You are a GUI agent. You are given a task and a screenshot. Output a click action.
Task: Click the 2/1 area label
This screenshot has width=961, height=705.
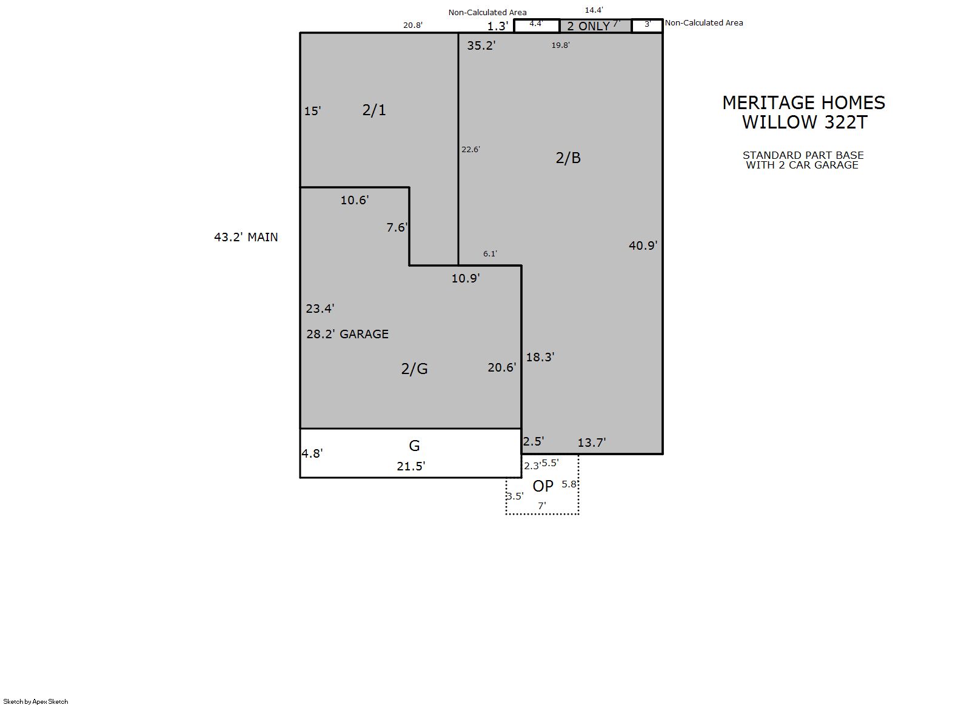click(x=374, y=110)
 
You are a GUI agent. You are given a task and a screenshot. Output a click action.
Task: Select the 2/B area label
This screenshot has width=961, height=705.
click(x=568, y=158)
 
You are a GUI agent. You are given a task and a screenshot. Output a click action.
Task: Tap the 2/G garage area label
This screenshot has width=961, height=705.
click(x=415, y=369)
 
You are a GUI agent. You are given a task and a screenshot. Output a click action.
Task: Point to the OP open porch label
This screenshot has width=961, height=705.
click(x=543, y=486)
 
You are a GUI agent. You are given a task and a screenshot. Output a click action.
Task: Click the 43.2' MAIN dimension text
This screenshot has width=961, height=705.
click(x=246, y=237)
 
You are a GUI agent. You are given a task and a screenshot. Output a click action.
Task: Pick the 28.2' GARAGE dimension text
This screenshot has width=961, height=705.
click(x=347, y=334)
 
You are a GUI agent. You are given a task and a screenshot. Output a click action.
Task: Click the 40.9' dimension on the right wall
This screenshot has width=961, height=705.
click(x=643, y=246)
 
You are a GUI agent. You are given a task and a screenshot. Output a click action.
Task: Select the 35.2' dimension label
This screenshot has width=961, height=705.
click(x=481, y=45)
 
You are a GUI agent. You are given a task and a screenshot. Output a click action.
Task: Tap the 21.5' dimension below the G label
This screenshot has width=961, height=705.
click(x=411, y=466)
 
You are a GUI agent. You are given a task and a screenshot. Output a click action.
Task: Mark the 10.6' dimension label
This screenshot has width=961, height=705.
click(x=355, y=200)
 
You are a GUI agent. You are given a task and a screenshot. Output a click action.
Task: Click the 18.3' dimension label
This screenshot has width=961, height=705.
click(x=541, y=357)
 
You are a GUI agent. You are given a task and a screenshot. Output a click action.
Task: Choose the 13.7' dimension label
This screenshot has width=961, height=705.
click(x=592, y=443)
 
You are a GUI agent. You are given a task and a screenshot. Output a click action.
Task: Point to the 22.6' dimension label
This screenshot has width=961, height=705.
click(x=470, y=150)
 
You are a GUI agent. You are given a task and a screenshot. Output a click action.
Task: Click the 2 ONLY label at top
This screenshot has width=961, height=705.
click(x=589, y=26)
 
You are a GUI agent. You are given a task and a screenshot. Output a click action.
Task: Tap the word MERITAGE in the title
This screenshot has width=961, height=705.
click(x=767, y=103)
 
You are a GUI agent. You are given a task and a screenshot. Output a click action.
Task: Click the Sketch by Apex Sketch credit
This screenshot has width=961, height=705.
click(x=36, y=701)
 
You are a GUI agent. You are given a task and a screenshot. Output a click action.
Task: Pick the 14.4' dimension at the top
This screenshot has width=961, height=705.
click(x=594, y=10)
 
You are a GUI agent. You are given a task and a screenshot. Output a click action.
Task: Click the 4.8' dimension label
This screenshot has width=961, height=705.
click(x=312, y=453)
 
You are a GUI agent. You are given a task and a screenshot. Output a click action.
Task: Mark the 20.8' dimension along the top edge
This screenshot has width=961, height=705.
click(x=413, y=25)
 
